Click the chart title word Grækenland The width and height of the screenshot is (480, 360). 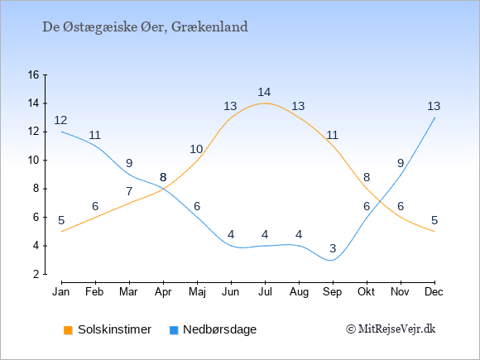(209, 27)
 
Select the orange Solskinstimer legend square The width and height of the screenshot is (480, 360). (68, 330)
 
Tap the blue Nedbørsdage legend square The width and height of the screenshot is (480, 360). (174, 330)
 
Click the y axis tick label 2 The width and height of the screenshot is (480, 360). (36, 274)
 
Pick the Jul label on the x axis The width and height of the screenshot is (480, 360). (265, 292)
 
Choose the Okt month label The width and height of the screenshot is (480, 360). (366, 292)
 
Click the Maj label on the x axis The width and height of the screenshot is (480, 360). (197, 292)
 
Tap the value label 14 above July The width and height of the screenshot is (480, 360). (264, 92)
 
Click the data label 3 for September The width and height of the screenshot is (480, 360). (333, 248)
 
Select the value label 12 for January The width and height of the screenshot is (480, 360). (60, 120)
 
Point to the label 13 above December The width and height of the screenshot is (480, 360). (434, 106)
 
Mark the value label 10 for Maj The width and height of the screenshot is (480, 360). (196, 150)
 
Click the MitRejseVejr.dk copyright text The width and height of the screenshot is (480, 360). (391, 329)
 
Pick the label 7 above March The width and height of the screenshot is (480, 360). (129, 192)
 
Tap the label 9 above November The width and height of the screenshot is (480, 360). (401, 164)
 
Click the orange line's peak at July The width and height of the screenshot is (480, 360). (265, 103)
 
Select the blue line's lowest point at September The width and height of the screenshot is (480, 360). (331, 260)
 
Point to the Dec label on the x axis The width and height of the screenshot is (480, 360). (434, 292)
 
